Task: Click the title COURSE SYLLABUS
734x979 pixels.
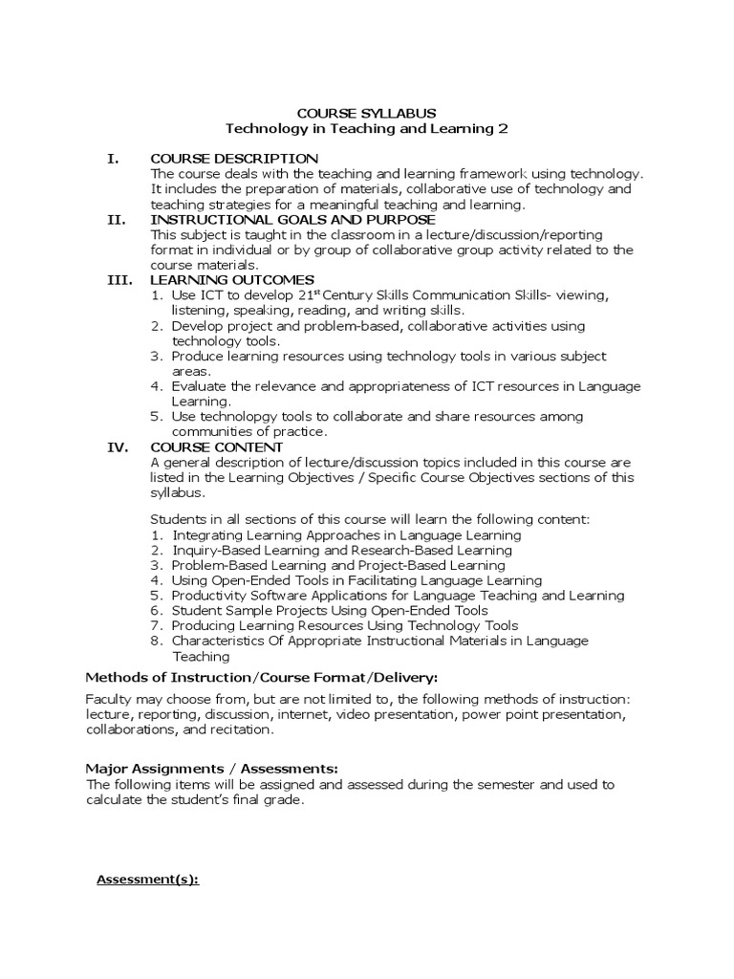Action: (367, 113)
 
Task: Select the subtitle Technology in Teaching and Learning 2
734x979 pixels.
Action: (367, 128)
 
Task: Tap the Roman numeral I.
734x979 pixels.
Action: (113, 158)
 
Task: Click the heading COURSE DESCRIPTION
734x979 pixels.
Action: (234, 158)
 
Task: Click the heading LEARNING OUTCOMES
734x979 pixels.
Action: (232, 279)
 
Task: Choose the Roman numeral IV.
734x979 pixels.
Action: (116, 446)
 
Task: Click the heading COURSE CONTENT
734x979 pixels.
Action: (216, 446)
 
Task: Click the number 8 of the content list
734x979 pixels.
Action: (157, 641)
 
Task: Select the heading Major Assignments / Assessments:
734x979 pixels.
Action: (212, 769)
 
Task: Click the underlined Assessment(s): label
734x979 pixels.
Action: (148, 880)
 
